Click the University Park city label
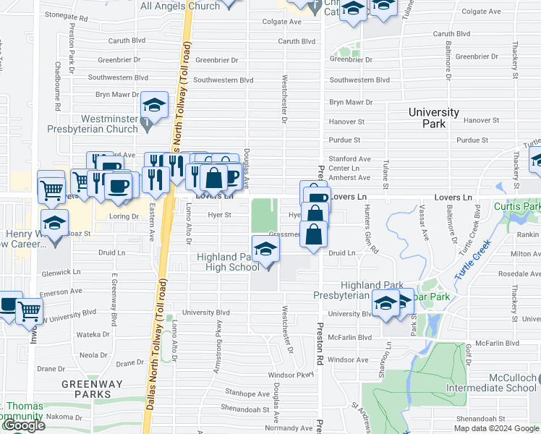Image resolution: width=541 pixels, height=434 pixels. [x=433, y=118]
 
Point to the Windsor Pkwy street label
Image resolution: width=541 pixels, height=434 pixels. [x=291, y=375]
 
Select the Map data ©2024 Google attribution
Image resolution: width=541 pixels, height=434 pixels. [x=495, y=428]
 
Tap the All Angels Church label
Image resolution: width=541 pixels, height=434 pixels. [x=180, y=6]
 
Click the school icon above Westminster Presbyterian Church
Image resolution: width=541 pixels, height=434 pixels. [x=154, y=106]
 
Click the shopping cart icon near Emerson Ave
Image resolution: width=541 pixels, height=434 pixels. [x=30, y=310]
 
